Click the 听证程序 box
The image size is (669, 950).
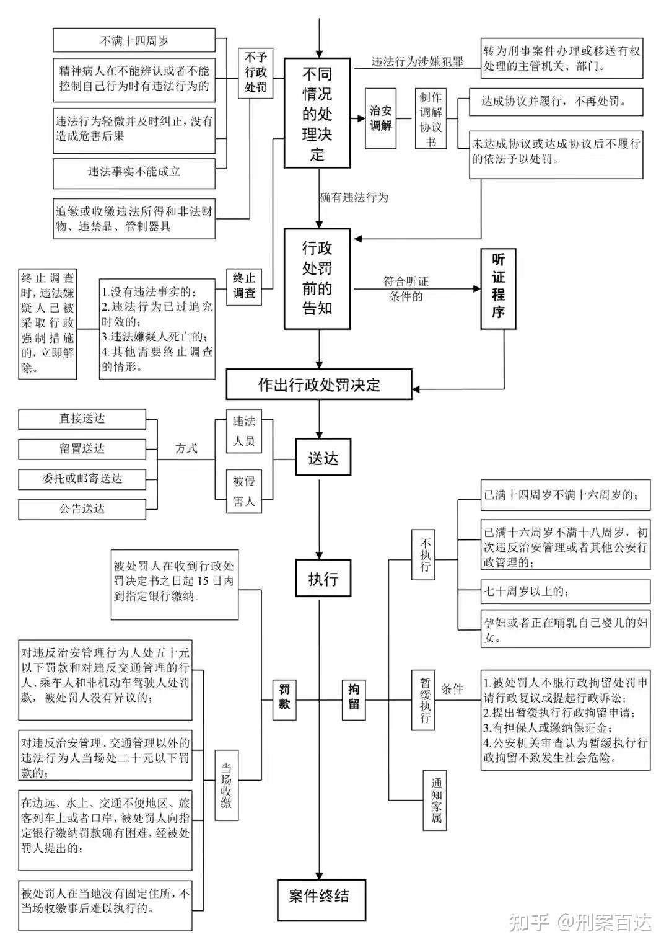point(498,288)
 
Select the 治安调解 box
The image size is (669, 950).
point(380,118)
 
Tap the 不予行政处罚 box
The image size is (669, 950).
point(255,73)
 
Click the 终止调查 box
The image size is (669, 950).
point(243,286)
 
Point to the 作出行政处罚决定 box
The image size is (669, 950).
point(318,384)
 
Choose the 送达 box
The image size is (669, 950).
point(323,457)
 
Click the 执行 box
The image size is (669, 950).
point(323,578)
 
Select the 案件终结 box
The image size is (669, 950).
point(321,895)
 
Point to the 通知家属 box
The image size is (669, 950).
point(435,800)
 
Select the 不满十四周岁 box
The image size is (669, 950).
point(134,40)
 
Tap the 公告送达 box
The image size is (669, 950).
point(82,509)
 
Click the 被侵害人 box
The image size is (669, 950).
point(243,491)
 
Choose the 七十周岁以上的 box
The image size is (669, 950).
point(565,591)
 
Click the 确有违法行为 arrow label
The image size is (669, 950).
point(354,197)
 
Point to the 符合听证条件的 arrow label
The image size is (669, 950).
point(406,289)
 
